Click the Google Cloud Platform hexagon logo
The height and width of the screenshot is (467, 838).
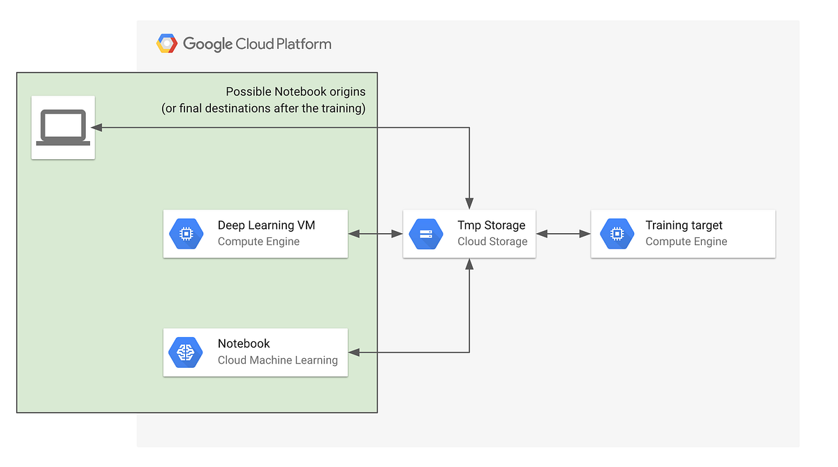click(167, 44)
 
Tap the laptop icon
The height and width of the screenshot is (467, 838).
click(63, 127)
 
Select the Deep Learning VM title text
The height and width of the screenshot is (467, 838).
click(266, 225)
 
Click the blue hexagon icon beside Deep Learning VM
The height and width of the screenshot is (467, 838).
click(186, 234)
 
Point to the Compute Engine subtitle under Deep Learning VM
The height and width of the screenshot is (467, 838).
click(258, 242)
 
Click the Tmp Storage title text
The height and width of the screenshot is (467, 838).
click(491, 225)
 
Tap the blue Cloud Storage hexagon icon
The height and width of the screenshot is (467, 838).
click(425, 234)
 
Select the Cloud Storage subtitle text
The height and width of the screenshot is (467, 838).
click(492, 242)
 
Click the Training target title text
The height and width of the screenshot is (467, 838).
click(684, 225)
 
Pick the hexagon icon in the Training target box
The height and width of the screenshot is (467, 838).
click(617, 234)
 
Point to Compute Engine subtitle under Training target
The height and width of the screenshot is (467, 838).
click(686, 242)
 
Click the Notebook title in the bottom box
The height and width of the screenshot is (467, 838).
click(244, 343)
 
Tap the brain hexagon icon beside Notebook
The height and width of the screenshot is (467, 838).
click(186, 352)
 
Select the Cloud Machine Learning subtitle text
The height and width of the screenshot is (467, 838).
click(277, 360)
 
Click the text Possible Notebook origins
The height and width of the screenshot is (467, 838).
click(295, 92)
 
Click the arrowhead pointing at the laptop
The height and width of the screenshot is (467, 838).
click(97, 128)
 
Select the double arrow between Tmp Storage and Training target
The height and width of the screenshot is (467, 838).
click(563, 234)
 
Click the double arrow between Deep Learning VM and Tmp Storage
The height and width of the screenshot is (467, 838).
click(375, 234)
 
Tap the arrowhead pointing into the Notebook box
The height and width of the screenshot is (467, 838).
click(354, 353)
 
